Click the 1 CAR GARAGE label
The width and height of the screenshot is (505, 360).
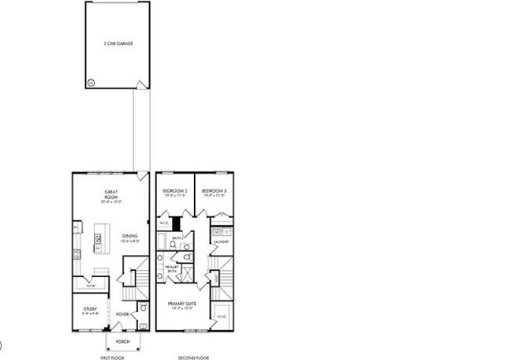click(116, 43)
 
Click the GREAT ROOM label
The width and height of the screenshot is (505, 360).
click(110, 195)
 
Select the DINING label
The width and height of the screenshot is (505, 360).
click(129, 238)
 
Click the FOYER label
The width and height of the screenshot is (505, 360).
click(124, 313)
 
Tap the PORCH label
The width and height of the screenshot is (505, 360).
click(123, 342)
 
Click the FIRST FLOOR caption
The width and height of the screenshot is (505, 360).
click(112, 357)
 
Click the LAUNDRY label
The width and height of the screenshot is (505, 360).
click(221, 242)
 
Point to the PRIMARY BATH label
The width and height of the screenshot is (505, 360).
click(171, 271)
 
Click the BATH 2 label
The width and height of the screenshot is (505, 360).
click(178, 237)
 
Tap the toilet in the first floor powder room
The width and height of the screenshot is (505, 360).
click(142, 308)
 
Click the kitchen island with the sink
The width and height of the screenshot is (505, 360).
click(101, 238)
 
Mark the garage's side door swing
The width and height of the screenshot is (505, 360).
click(140, 82)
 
